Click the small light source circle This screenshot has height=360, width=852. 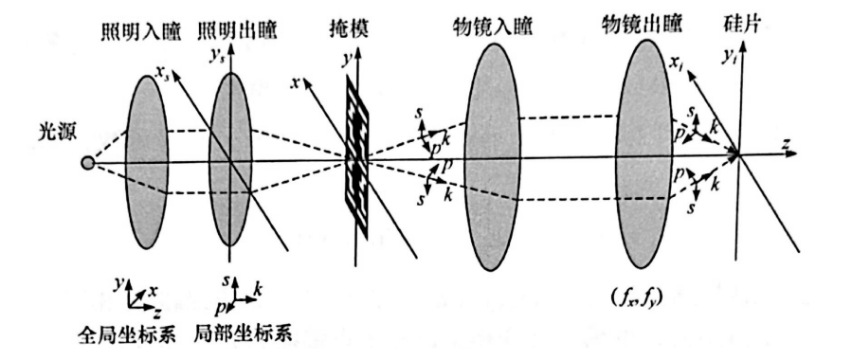click(x=88, y=163)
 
